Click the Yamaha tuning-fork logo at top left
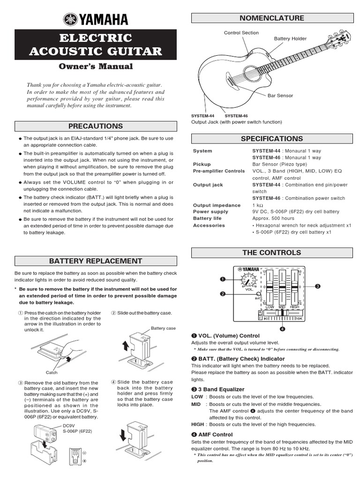pos(71,20)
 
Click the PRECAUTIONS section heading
pos(96,126)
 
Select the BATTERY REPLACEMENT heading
pos(96,261)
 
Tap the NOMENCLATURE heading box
pos(272,18)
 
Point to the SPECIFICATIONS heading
pos(272,139)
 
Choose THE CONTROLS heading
pos(272,253)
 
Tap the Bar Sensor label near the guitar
pos(280,96)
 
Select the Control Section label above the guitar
pos(241,33)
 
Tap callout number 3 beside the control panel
pos(317,286)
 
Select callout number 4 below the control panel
pos(282,328)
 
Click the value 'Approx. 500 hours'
pos(274,218)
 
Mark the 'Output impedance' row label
pos(210,205)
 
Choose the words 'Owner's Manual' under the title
pos(96,67)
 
